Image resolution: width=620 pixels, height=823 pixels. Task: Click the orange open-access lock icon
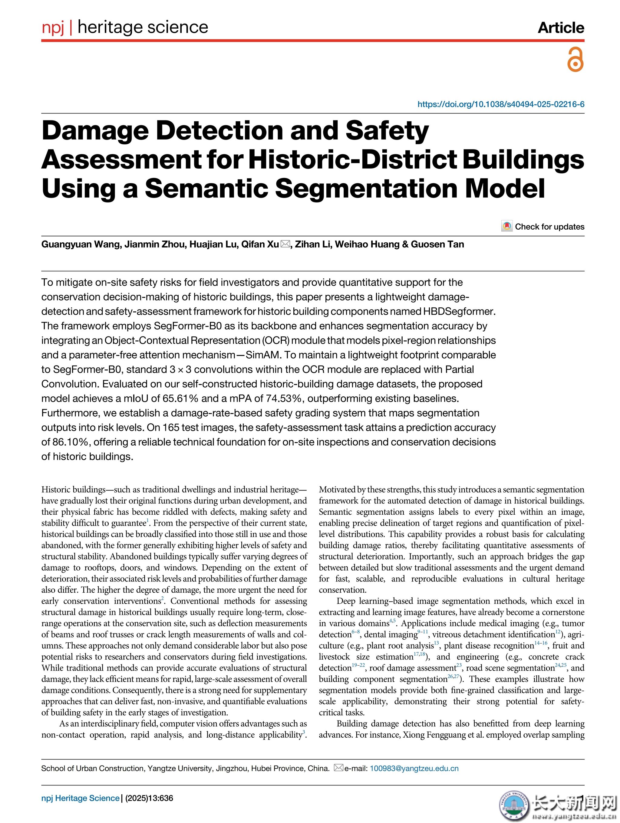click(x=575, y=60)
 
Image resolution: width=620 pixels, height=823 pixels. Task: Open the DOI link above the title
click(x=500, y=104)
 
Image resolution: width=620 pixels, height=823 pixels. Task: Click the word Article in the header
click(x=561, y=28)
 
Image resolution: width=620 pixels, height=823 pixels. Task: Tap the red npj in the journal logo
click(x=53, y=27)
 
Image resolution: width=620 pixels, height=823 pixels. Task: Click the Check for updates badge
click(x=543, y=227)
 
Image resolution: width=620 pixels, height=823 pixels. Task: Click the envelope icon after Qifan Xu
click(x=285, y=244)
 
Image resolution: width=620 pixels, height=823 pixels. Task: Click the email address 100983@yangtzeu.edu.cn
click(x=414, y=768)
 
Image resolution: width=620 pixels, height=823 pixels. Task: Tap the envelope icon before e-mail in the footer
click(x=338, y=768)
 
